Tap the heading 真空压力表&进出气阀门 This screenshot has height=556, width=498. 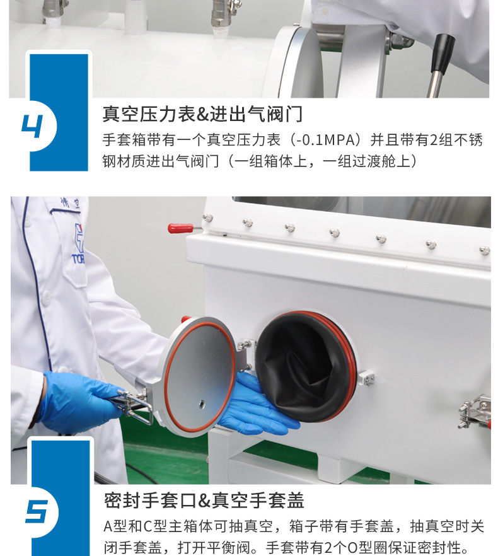click(202, 114)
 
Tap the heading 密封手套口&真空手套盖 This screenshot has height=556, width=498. click(204, 501)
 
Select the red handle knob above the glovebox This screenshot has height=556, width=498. click(180, 228)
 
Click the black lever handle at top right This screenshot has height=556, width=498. click(443, 54)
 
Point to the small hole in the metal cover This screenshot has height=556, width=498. click(201, 402)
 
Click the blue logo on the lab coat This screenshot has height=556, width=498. click(78, 242)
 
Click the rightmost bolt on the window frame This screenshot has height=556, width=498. click(484, 250)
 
